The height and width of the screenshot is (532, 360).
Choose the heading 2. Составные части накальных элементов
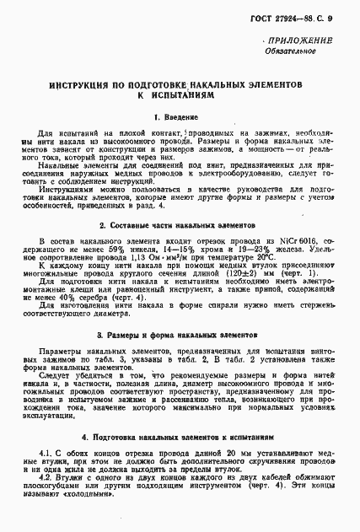pos(180,226)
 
